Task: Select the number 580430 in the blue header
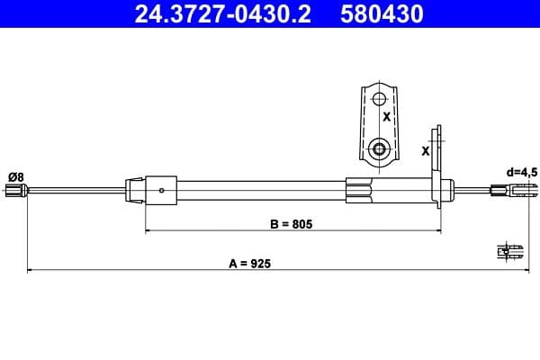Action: coord(379,14)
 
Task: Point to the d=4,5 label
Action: coord(521,171)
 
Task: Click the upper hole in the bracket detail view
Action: coord(379,97)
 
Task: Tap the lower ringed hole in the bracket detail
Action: coord(379,149)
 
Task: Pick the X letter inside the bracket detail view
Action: coord(386,117)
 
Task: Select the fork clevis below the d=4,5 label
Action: coord(517,189)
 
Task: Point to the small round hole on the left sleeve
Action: coord(161,190)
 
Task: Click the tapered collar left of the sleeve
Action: coord(134,189)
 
